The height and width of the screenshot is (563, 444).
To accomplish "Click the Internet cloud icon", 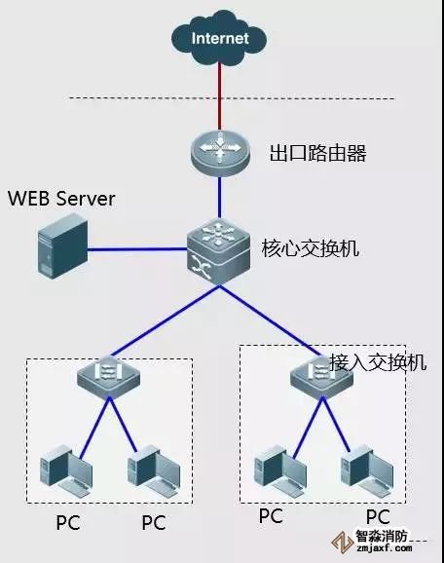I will pos(219,39).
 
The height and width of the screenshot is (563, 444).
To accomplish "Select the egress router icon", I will pos(220,153).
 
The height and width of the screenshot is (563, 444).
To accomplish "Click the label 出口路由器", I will pos(310,153).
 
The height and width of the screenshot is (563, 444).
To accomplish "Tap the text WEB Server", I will pos(61,199).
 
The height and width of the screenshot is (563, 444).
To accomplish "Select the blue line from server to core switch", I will pos(136,249).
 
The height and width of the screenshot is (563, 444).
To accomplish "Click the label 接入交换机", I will pos(379,361).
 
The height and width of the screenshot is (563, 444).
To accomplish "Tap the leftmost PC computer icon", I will pos(59,469).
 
